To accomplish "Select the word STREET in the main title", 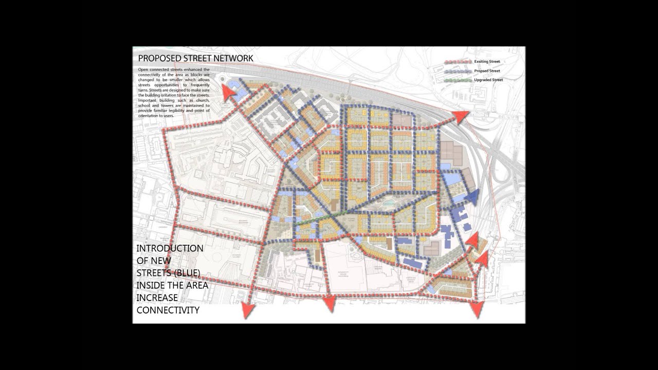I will (198, 58).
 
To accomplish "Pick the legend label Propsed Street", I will (487, 71).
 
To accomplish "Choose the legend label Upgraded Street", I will (488, 80).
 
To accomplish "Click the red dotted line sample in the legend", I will (458, 62).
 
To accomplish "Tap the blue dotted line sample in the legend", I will (458, 71).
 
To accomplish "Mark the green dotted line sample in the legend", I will (458, 80).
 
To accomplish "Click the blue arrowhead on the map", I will (472, 197).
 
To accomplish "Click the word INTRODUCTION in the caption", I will (170, 248).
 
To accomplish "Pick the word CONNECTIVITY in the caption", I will (168, 310).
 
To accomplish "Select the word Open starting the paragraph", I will (143, 69).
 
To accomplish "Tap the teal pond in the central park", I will (389, 203).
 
